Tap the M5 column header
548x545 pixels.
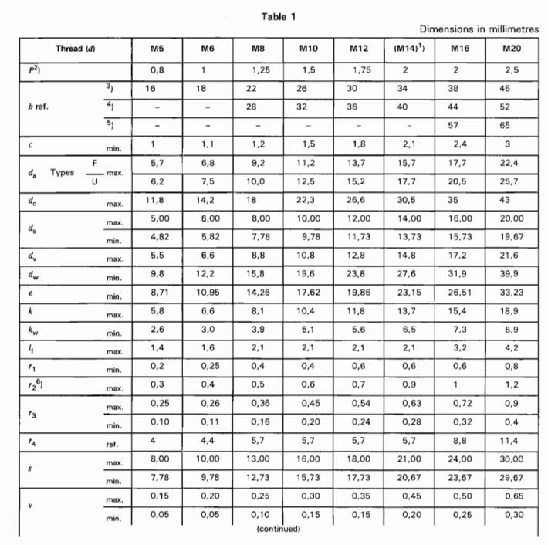pos(155,49)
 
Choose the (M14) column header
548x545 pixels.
pos(406,49)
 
